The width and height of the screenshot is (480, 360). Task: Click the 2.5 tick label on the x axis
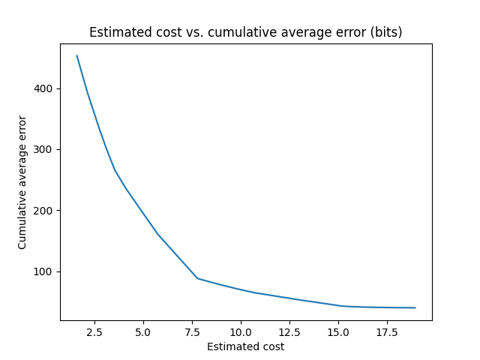click(94, 331)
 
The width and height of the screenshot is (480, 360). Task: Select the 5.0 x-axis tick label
click(143, 331)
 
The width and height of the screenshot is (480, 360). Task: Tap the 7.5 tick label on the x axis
click(192, 331)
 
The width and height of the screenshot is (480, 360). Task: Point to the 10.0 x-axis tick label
click(241, 331)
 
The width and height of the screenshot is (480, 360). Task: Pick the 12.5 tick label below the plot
click(289, 331)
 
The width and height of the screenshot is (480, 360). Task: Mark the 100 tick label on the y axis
click(46, 271)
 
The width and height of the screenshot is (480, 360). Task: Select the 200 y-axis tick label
click(46, 211)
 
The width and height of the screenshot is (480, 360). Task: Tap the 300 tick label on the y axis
click(46, 150)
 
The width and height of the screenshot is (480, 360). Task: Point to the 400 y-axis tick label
click(46, 89)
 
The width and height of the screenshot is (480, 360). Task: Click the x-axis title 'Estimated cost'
click(246, 346)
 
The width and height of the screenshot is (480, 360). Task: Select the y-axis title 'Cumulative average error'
click(22, 182)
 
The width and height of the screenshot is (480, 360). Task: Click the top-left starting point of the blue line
click(76, 55)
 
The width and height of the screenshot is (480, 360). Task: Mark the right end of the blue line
click(415, 307)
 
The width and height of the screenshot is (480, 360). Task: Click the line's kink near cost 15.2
click(342, 306)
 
